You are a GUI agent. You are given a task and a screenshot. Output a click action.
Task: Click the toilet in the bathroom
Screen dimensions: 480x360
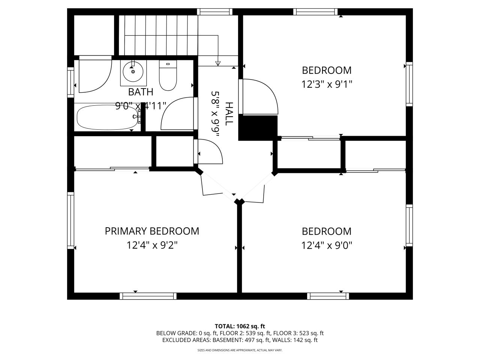(x=168, y=75)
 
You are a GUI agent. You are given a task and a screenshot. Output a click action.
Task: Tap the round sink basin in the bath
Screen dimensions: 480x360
(x=133, y=72)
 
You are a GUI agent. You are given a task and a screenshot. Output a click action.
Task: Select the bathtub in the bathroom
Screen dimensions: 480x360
(x=108, y=117)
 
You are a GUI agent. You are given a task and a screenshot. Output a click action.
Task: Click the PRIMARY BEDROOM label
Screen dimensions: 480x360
(x=152, y=231)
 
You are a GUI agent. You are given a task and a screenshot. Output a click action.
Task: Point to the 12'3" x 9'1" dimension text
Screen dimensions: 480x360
(x=327, y=84)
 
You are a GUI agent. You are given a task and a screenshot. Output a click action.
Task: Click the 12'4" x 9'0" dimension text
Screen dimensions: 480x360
(x=327, y=245)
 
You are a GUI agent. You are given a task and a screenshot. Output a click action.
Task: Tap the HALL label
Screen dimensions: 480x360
(x=229, y=114)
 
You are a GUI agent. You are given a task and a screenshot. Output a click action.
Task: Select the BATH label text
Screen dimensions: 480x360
(x=141, y=92)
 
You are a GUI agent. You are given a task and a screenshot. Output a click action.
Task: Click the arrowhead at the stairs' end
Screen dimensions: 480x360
(x=218, y=63)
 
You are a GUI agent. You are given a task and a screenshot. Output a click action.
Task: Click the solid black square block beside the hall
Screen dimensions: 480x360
(x=258, y=128)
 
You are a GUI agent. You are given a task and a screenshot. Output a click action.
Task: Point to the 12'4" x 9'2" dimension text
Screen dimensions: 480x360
(x=152, y=245)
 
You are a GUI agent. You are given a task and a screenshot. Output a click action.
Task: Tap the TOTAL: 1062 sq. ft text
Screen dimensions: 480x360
(x=240, y=326)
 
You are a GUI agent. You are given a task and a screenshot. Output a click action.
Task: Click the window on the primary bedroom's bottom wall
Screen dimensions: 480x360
(x=148, y=296)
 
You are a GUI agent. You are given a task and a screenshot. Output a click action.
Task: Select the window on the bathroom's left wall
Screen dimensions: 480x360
(x=70, y=82)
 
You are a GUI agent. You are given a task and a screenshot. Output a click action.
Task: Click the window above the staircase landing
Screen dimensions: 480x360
(x=215, y=12)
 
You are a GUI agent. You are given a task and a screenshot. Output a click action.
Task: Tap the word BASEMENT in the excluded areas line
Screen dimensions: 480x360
(x=227, y=340)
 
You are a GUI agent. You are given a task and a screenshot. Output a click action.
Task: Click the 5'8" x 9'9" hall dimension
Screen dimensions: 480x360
(x=215, y=114)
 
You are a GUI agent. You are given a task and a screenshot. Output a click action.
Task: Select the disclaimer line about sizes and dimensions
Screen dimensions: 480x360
(x=240, y=350)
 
